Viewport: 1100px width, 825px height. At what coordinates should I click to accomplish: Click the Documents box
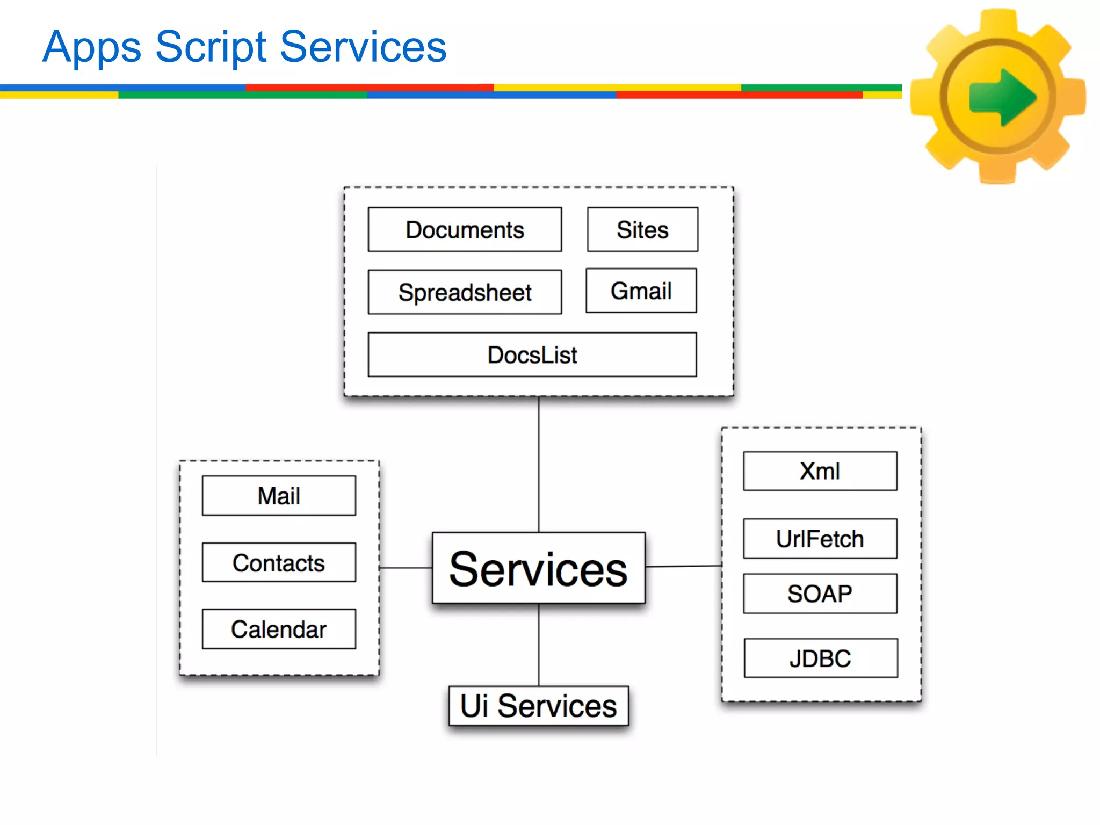(x=465, y=229)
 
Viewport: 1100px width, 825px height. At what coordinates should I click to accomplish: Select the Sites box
(x=642, y=229)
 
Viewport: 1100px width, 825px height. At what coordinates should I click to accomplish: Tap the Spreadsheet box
(x=465, y=292)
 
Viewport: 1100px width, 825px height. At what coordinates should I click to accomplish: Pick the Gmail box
(x=641, y=291)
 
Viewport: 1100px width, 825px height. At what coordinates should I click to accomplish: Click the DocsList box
(x=532, y=354)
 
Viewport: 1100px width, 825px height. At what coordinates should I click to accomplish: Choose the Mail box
(x=279, y=495)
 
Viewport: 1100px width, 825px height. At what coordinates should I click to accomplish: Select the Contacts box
(x=279, y=562)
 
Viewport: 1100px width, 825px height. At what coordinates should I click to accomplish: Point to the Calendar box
(x=279, y=629)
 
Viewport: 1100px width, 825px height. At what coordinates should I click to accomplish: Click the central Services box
(x=538, y=568)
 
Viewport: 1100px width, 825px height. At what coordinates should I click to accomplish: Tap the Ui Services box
(x=538, y=705)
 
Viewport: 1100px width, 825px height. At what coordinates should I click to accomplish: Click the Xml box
(x=820, y=471)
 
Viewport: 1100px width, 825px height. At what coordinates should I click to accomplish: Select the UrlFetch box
(x=820, y=538)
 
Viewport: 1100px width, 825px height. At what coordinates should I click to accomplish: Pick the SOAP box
(x=820, y=594)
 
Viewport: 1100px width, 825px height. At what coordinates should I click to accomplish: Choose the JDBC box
(x=820, y=658)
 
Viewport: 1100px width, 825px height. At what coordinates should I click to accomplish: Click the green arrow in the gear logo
(x=1002, y=97)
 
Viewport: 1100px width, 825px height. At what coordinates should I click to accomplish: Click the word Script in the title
(x=211, y=47)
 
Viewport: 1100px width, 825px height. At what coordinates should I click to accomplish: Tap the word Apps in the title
(x=91, y=47)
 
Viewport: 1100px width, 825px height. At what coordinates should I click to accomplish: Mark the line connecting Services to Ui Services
(x=539, y=645)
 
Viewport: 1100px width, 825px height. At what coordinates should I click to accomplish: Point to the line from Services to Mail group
(x=406, y=568)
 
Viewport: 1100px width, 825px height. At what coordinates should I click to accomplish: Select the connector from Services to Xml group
(x=683, y=566)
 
